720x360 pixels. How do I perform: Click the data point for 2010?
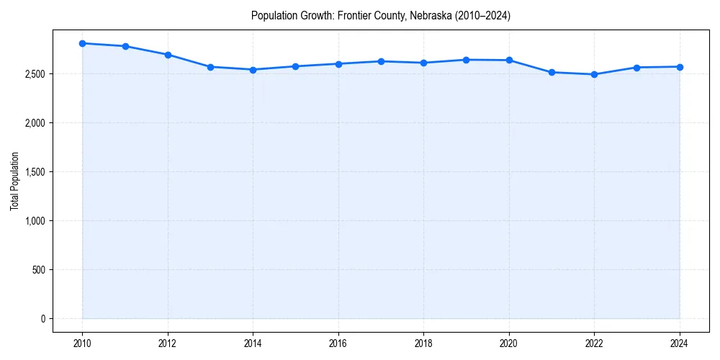(83, 43)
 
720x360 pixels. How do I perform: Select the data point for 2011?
(125, 46)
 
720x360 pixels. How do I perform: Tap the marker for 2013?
(210, 67)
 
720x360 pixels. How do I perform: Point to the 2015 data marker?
(296, 66)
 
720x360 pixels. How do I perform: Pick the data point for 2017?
(381, 61)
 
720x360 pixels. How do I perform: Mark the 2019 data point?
(466, 60)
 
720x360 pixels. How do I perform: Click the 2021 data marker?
(552, 72)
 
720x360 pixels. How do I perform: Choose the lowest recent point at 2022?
(594, 74)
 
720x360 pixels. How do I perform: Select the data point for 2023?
(636, 68)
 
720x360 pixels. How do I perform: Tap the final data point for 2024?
(679, 67)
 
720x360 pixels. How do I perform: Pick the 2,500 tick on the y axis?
(34, 74)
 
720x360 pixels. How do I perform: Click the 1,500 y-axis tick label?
(34, 172)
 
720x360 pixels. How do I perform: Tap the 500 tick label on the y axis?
(38, 270)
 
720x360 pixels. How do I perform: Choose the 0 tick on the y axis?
(43, 319)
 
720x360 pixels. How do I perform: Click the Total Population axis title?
(14, 181)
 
